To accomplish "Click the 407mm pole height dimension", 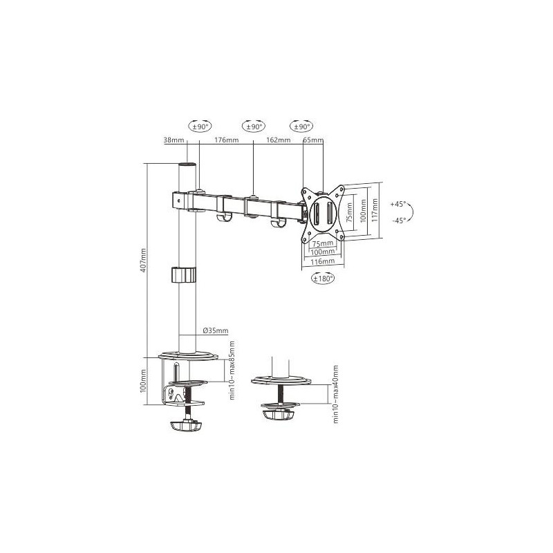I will [x=144, y=259].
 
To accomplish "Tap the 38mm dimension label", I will [x=174, y=140].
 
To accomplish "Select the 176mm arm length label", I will [x=226, y=140].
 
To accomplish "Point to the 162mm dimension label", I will [x=278, y=140].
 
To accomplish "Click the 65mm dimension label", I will [x=314, y=140].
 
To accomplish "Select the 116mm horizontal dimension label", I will [x=323, y=261].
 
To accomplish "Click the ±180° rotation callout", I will [x=323, y=279].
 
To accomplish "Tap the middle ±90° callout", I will [x=254, y=126].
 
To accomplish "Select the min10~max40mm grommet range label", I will [x=335, y=394].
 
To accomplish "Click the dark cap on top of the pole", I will [x=187, y=167].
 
